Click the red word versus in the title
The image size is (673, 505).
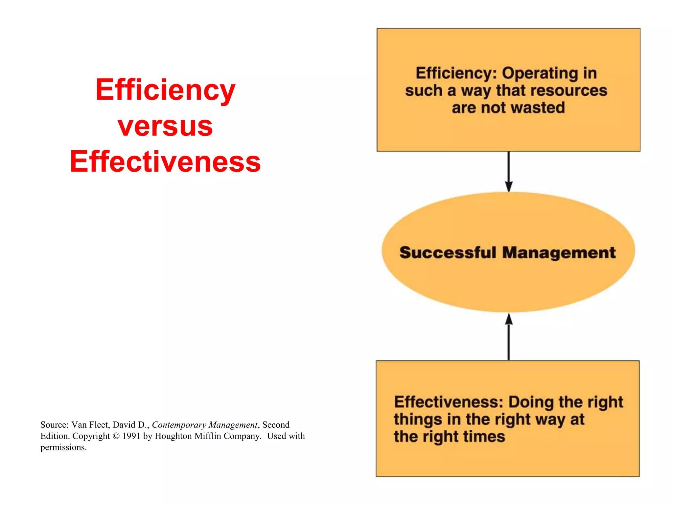point(165,127)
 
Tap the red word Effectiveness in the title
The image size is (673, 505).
point(165,162)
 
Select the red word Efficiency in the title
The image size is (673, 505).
point(165,90)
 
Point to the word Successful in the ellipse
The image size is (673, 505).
point(448,253)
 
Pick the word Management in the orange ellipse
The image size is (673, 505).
point(559,253)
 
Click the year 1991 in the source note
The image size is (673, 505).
point(131,436)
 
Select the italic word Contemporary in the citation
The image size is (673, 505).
point(179,425)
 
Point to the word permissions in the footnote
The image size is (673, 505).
point(62,447)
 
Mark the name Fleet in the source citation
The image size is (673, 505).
point(99,425)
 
